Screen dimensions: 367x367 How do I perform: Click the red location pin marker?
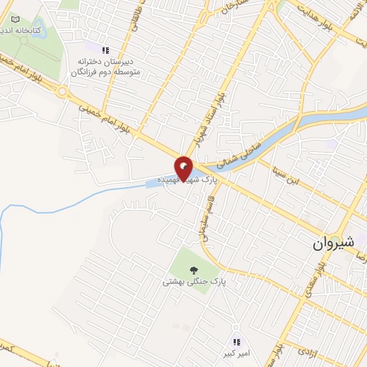(183, 168)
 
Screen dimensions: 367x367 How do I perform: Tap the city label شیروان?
(333, 242)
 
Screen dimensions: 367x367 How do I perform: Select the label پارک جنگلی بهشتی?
(194, 282)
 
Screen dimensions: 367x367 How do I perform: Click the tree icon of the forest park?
(194, 270)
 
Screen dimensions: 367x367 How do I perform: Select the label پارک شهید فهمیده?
(188, 179)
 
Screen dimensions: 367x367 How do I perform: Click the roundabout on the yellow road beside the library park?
(63, 92)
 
